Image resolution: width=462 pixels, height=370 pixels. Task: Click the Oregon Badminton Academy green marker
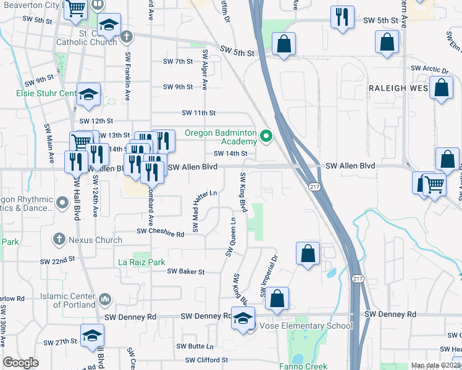267,136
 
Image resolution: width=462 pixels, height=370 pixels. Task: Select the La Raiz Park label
141,262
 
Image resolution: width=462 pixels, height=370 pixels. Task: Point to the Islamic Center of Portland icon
105,300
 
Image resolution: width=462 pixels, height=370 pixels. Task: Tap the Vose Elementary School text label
306,326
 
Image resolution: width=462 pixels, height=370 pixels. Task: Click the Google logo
20,363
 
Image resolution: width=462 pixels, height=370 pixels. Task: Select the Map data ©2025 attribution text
435,366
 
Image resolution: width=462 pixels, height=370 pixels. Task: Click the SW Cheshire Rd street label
160,234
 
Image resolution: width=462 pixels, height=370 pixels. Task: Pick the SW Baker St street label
185,271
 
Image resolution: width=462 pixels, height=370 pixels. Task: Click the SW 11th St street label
198,113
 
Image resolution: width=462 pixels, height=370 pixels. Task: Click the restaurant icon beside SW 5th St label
342,18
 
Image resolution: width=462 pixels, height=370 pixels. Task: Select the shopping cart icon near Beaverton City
75,9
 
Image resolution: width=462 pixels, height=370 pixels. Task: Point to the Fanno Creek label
308,366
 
